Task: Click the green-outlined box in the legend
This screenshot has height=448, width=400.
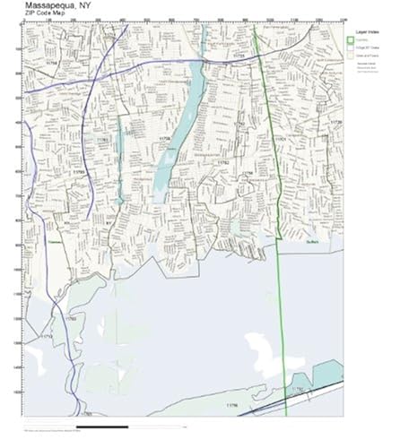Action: coord(352,39)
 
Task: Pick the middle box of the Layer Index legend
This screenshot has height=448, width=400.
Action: coord(352,47)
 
